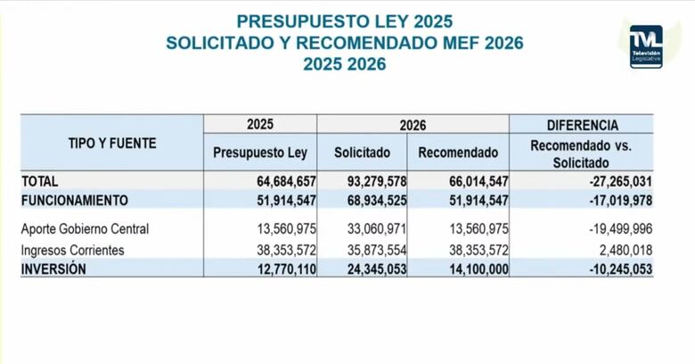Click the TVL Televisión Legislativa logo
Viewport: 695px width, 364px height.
[x=645, y=47]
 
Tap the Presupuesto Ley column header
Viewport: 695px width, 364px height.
[x=259, y=153]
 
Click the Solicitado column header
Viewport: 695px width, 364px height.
[x=363, y=153]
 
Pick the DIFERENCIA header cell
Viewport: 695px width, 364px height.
[x=581, y=125]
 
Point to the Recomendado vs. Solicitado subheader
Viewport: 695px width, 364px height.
[x=581, y=153]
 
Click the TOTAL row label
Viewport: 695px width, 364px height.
[x=40, y=181]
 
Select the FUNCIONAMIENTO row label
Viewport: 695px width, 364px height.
[x=75, y=200]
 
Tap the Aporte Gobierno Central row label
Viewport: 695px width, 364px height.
[x=85, y=228]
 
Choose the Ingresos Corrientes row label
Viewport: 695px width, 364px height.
[x=73, y=250]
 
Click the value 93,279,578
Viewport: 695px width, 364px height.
[x=376, y=181]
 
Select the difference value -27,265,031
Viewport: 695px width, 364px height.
[x=616, y=181]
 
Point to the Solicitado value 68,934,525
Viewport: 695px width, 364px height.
[x=376, y=200]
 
